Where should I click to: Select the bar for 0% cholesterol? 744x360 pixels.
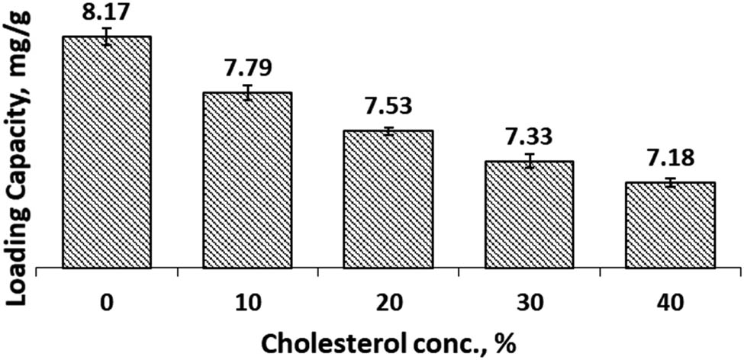107,153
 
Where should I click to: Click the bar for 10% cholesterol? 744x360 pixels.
247,180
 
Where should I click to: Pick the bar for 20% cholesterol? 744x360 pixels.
388,199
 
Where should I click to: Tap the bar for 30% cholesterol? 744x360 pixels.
529,214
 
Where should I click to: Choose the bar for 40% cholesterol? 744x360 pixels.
670,225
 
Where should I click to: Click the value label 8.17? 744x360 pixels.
108,12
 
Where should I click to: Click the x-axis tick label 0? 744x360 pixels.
107,303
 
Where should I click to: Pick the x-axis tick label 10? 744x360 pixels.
247,303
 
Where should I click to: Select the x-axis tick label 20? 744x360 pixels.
388,303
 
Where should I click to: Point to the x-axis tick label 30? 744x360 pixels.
529,303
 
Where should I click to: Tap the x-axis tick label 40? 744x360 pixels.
670,303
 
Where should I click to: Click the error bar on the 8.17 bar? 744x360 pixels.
108,37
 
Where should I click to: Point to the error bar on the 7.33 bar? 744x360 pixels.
530,161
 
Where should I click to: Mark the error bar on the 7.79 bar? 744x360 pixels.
248,92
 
